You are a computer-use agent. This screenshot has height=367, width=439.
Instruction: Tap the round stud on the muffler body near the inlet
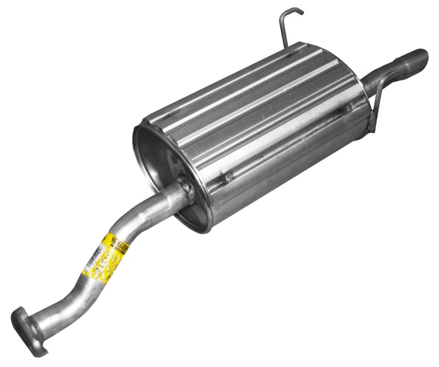coord(229,177)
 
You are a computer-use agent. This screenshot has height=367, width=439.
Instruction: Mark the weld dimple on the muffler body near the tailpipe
coord(348,108)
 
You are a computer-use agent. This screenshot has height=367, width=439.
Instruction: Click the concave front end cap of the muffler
coord(165,165)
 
